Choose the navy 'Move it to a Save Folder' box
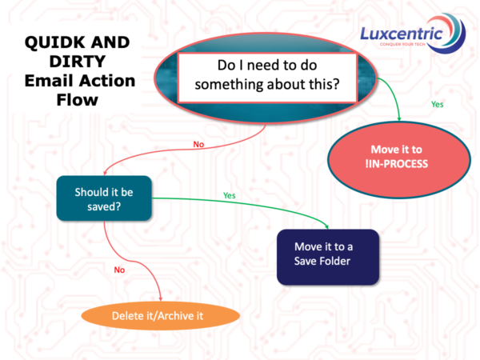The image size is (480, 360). click(326, 256)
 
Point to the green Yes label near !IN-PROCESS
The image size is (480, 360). click(437, 104)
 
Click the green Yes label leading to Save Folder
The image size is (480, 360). click(230, 194)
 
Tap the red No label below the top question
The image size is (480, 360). click(199, 145)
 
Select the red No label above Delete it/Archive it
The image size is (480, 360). click(119, 270)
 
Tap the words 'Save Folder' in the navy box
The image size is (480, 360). click(326, 262)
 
